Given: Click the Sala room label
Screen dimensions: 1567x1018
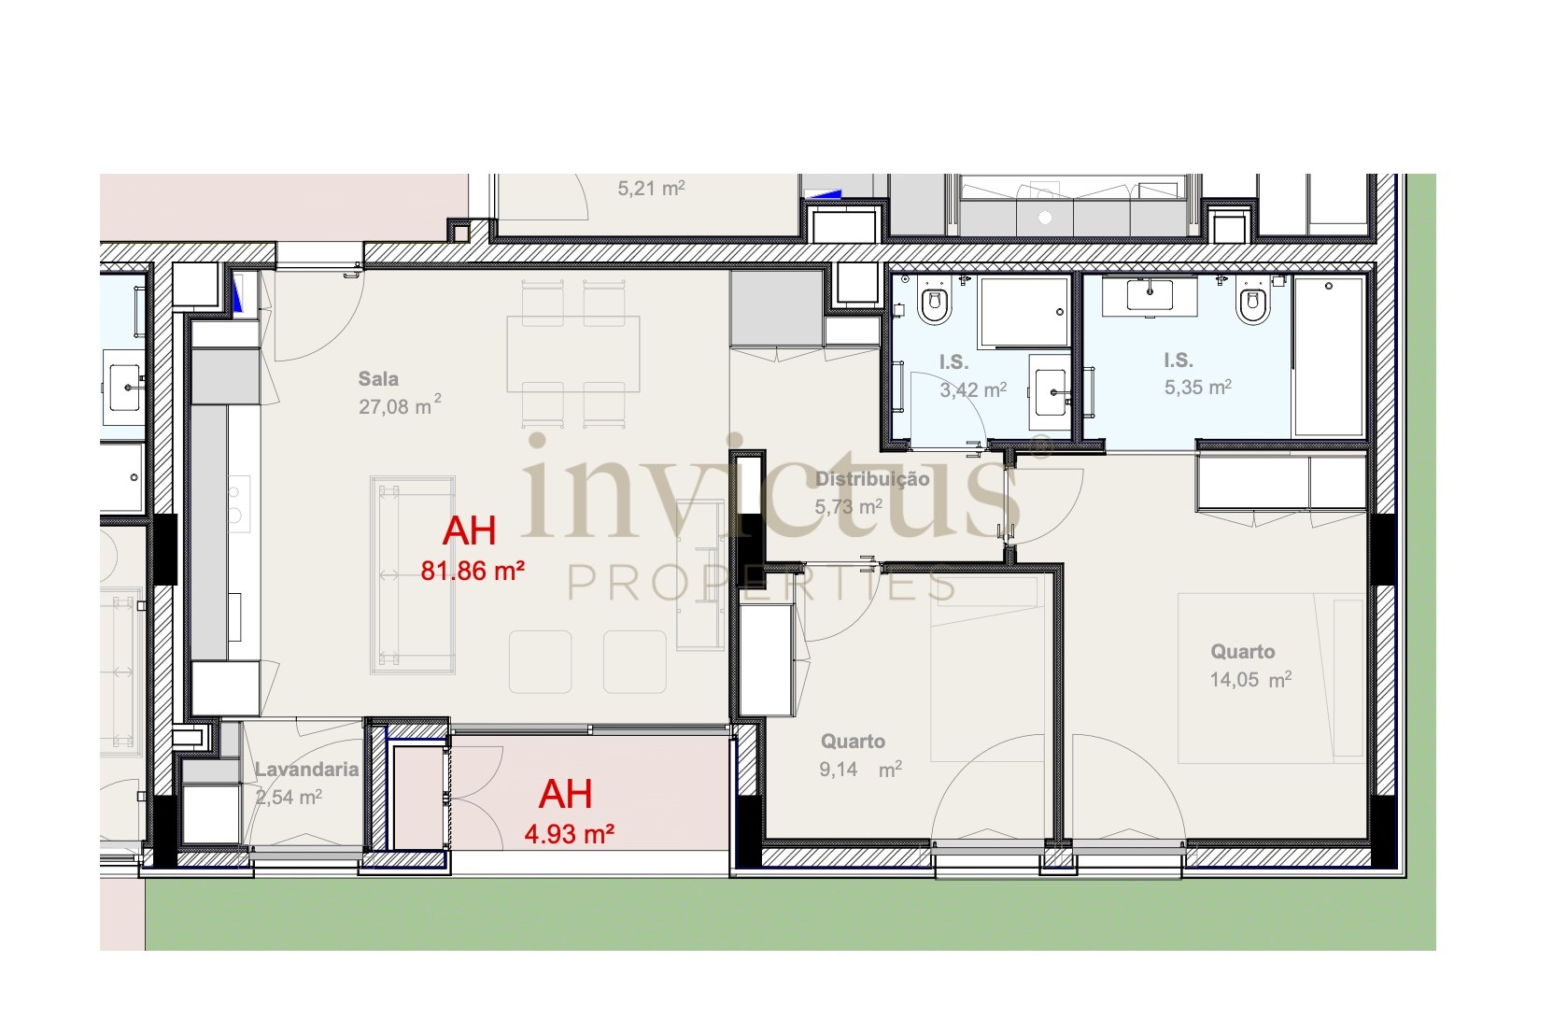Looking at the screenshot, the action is (378, 379).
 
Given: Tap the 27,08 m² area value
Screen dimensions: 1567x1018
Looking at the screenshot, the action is (400, 405).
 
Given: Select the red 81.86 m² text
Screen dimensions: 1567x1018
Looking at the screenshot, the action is (473, 571).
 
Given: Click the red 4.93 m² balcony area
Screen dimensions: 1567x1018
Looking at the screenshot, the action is (569, 834).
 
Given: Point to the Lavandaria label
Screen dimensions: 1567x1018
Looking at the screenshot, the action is (306, 770).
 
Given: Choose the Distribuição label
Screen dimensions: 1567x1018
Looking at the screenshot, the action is (872, 479).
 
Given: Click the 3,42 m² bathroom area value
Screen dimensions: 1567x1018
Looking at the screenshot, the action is (973, 389).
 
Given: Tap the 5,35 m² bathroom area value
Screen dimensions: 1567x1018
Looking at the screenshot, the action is (1197, 387).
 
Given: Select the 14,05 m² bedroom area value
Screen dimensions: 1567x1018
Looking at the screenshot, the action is (1250, 679).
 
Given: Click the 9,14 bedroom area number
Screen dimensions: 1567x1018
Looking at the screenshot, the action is (838, 770).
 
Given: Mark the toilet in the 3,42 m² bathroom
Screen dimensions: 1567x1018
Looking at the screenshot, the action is (935, 304).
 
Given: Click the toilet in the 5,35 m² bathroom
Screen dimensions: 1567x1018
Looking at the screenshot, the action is (1253, 303).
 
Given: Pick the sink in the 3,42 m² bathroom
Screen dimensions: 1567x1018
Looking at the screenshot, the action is (1050, 393).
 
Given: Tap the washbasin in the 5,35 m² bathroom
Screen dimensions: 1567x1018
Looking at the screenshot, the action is (1150, 295).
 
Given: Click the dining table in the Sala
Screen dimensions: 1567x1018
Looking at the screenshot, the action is (573, 353).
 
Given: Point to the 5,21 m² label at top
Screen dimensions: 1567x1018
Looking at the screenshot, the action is (651, 189).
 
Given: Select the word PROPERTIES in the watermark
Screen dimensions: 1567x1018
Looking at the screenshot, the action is (761, 583).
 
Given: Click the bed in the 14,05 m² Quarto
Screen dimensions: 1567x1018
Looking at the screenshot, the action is (1272, 678).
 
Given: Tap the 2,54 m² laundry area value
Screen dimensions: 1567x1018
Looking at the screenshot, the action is (289, 797).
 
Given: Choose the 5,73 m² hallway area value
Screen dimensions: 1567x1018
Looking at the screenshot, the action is (849, 506).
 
